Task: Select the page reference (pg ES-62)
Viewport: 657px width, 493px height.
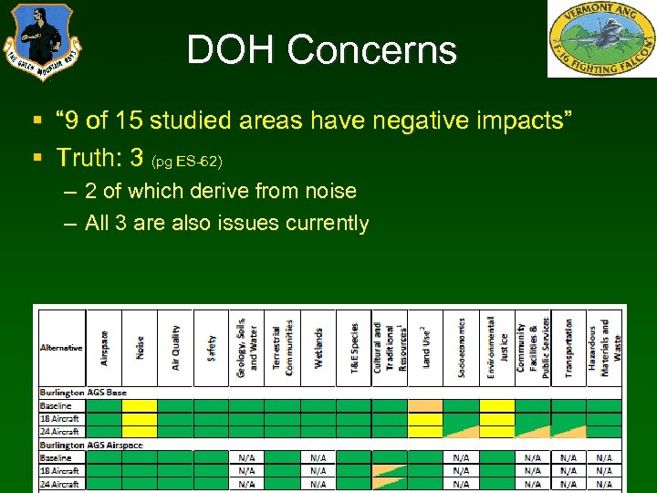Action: [x=187, y=162]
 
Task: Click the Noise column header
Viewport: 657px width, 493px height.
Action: [x=140, y=348]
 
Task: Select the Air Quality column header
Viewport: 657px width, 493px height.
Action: [x=175, y=348]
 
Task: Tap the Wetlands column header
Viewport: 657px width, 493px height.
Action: [x=318, y=348]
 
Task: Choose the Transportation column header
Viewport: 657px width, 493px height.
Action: [x=568, y=348]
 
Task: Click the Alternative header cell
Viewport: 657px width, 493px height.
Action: [x=61, y=348]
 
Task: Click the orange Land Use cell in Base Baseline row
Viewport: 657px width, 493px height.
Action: [x=424, y=405]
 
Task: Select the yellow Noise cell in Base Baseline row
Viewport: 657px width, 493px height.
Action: [x=140, y=405]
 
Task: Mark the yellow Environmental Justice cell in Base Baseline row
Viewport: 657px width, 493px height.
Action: [x=496, y=405]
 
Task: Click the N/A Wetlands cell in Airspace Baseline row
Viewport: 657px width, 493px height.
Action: [x=318, y=457]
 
